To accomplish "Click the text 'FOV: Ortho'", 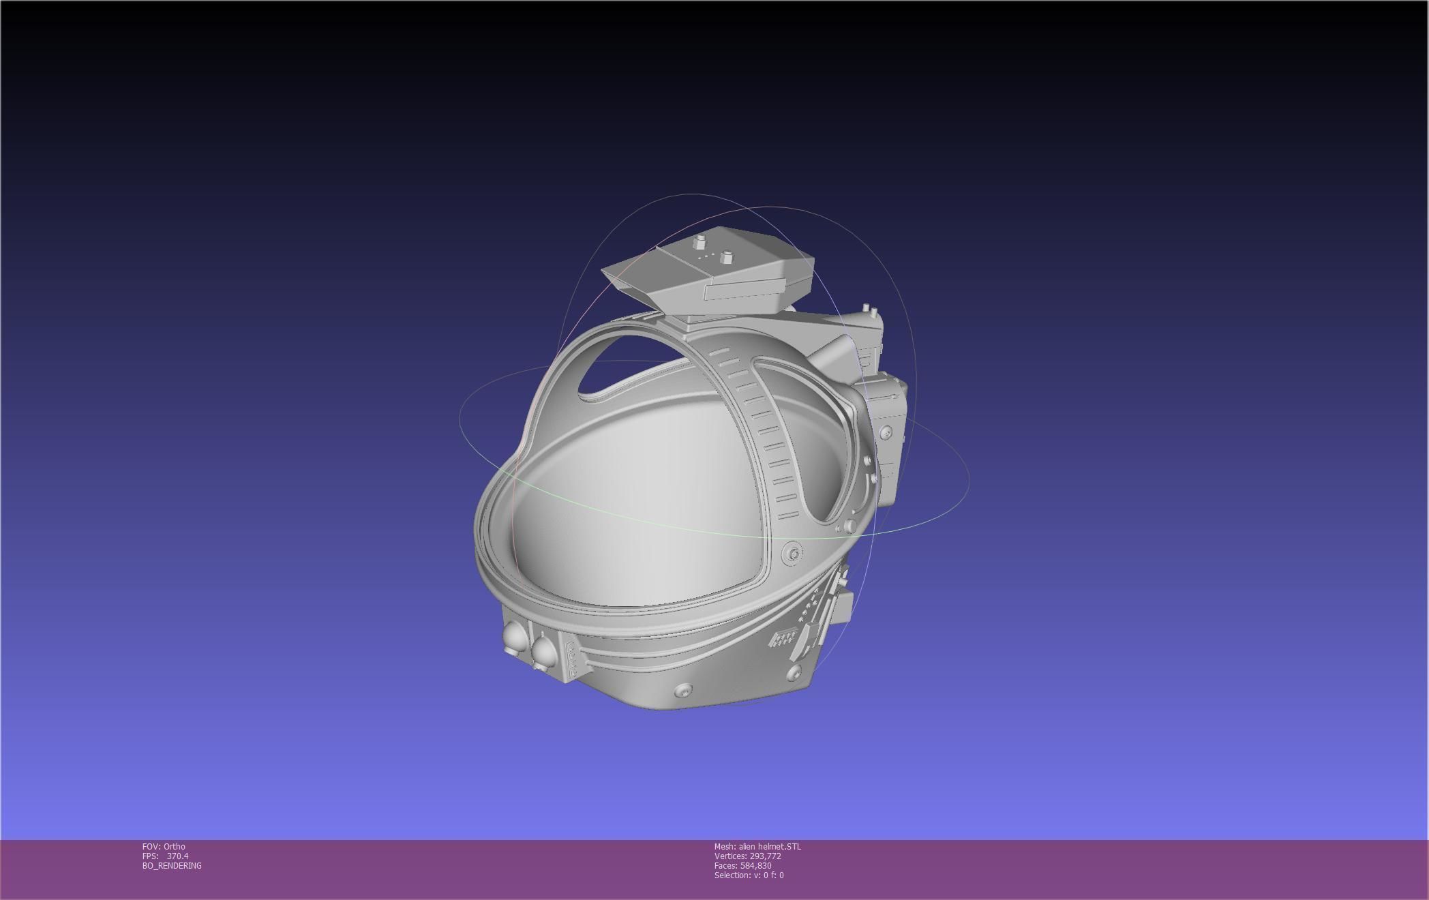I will click(164, 847).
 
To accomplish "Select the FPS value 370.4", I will click(177, 856).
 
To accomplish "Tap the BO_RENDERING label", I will click(172, 866).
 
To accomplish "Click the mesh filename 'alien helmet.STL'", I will click(770, 847).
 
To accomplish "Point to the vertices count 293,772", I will click(765, 856).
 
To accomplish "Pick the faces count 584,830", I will click(755, 866).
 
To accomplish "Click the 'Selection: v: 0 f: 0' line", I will click(749, 875).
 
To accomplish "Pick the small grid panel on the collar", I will click(784, 638).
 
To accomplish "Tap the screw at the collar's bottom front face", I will click(684, 691).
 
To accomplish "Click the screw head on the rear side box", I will click(885, 432).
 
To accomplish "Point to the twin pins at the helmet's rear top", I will click(870, 312).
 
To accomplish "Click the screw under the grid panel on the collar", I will click(793, 674).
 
